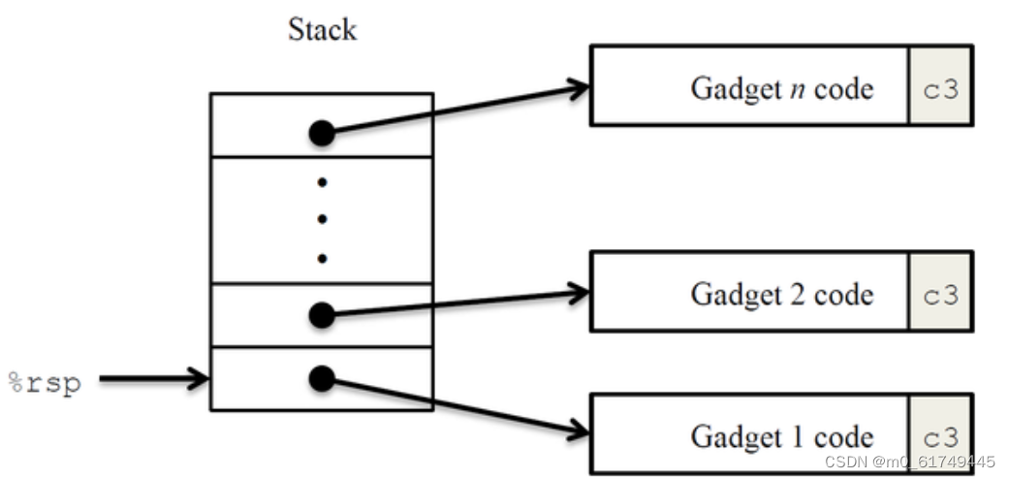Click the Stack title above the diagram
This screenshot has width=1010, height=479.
point(322,30)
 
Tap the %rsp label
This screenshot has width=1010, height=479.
point(46,383)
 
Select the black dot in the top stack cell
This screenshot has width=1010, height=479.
point(322,133)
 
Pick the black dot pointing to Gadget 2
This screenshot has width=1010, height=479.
point(322,314)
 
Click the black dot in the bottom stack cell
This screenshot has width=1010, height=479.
point(322,378)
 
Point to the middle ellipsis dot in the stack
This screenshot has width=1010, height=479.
point(322,220)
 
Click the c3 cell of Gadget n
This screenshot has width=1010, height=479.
point(940,85)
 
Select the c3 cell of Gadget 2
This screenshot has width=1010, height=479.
point(940,292)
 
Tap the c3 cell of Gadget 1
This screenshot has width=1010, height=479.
point(940,433)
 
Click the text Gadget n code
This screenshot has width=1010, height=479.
point(782,88)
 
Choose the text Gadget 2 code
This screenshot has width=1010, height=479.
point(782,295)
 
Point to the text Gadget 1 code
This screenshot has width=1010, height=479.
point(782,437)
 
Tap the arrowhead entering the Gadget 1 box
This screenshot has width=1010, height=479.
point(578,430)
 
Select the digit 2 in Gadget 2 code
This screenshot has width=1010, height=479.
point(798,295)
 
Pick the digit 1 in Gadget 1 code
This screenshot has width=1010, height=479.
point(798,437)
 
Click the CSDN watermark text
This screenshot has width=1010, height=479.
point(909,462)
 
